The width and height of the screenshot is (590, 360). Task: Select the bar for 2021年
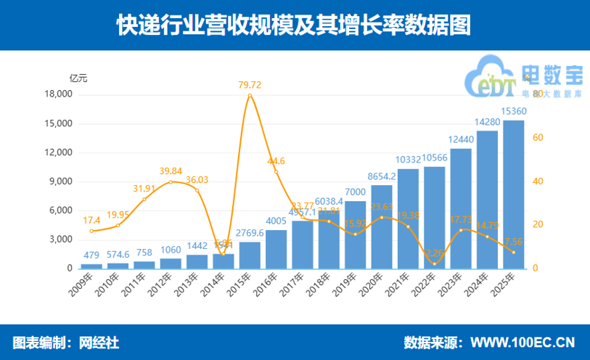408,218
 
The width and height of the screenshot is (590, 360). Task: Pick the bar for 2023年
461,208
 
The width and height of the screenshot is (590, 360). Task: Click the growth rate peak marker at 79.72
250,95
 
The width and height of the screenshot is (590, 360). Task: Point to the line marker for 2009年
91,231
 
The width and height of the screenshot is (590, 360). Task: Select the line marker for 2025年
513,252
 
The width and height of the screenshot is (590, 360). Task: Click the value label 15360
514,111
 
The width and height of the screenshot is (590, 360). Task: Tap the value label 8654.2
382,176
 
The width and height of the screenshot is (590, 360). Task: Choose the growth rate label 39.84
171,171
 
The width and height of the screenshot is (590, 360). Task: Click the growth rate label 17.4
91,220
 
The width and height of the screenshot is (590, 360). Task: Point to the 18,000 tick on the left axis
58,94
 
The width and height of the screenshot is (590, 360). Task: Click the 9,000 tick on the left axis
61,181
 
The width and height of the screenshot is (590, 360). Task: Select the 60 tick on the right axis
537,138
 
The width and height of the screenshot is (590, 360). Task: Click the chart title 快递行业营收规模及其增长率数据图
295,25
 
